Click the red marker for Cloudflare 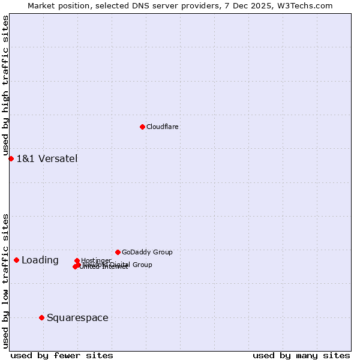coord(142,127)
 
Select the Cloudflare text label coord(163,127)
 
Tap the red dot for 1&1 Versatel coord(11,158)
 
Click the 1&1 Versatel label coord(47,159)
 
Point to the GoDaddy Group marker coord(118,252)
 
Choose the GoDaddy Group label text coord(147,253)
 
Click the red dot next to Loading coord(16,260)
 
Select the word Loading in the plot coord(40,260)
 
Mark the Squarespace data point coord(41,317)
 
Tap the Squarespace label coord(77,318)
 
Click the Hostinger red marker coord(77,261)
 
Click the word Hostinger coord(96,260)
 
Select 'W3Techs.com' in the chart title coord(308,5)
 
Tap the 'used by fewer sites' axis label coord(62,355)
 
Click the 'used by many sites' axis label coord(301,355)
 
